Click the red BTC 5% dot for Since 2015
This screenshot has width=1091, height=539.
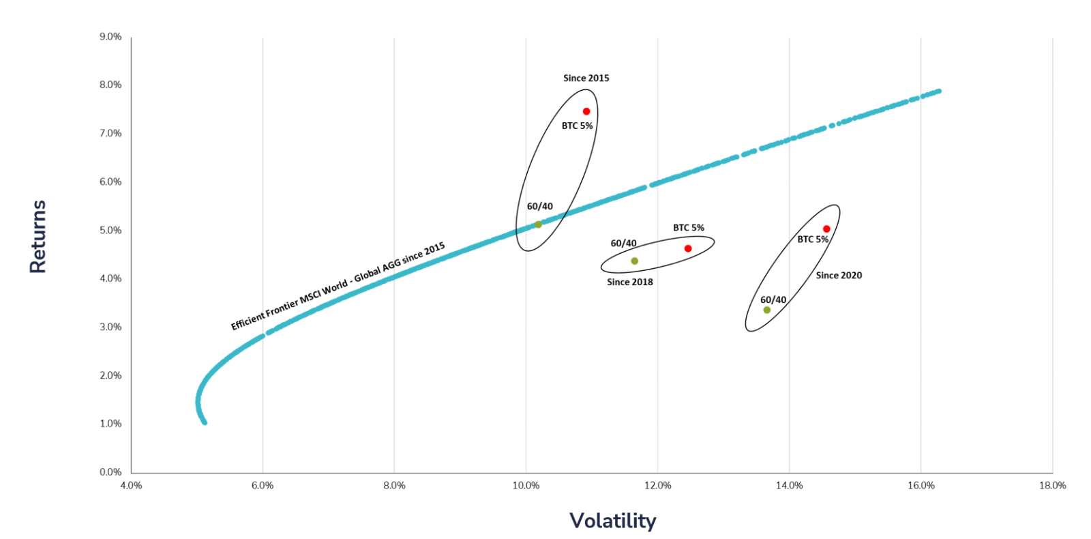point(586,111)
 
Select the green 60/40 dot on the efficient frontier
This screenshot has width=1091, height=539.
point(538,224)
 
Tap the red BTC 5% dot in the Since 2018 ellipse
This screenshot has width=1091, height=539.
point(688,248)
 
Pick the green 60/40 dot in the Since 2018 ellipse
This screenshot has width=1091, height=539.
point(635,261)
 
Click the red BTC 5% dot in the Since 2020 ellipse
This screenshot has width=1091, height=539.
point(826,229)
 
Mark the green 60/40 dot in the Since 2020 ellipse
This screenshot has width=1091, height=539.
point(767,310)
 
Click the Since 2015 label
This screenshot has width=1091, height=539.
point(586,78)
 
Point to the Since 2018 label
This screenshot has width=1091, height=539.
point(630,282)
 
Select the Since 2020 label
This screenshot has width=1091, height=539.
point(839,276)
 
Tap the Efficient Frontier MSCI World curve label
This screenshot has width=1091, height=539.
point(338,287)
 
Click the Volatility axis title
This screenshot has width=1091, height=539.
point(612,521)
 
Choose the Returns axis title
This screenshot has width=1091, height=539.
point(38,237)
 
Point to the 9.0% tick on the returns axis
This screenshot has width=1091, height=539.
point(110,37)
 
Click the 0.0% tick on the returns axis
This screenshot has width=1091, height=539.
point(110,472)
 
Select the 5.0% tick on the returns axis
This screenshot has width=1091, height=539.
point(110,231)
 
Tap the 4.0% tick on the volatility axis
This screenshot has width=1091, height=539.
point(131,486)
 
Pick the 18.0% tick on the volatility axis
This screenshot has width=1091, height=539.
point(1052,486)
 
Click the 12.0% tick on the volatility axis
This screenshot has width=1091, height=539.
point(657,486)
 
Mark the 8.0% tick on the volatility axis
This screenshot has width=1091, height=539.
point(394,486)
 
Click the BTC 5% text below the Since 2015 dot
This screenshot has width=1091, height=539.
point(577,126)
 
